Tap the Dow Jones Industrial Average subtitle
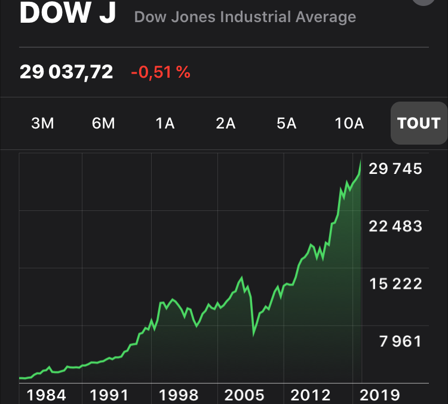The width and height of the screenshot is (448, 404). [x=245, y=17]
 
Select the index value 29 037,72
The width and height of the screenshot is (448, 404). [x=66, y=72]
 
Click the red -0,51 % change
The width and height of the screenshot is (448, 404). [x=160, y=72]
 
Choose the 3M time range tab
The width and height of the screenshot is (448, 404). [x=42, y=123]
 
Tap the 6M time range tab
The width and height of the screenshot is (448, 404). [x=103, y=123]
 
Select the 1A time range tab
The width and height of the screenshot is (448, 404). [x=165, y=123]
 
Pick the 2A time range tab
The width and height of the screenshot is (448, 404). [x=226, y=123]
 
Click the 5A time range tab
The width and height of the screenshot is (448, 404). [x=287, y=123]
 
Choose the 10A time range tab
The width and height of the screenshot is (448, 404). [x=349, y=123]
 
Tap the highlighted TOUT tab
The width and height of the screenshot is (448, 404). [x=419, y=123]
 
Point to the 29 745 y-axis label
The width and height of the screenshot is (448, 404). [x=395, y=169]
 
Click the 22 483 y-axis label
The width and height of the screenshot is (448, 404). [x=395, y=227]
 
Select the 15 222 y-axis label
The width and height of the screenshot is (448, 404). [x=395, y=284]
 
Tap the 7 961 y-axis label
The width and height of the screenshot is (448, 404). [x=400, y=341]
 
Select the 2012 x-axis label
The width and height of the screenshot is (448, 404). [x=310, y=394]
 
